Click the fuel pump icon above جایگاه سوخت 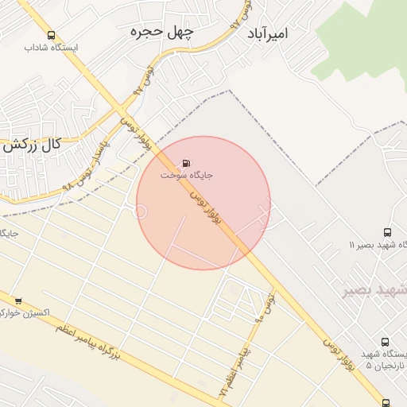click(187, 164)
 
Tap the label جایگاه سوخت click(187, 175)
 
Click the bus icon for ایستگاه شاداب click(52, 36)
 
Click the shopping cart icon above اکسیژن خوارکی click(17, 300)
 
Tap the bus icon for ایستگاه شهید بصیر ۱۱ click(387, 233)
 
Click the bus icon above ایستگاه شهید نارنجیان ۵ click(386, 340)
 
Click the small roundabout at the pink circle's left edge click(141, 211)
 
